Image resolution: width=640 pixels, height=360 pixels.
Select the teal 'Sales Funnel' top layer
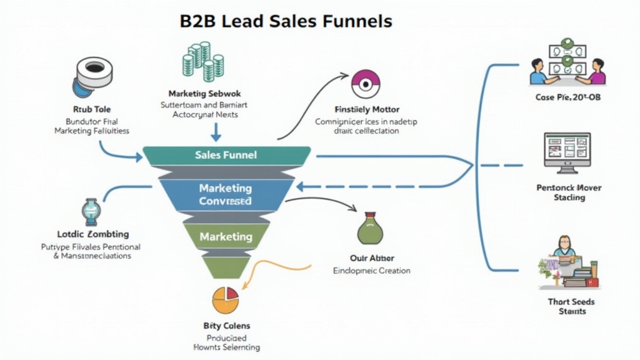coord(226,155)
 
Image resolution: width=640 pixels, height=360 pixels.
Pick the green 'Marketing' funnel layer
coord(226,237)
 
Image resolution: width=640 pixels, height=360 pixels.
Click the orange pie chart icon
coord(226,299)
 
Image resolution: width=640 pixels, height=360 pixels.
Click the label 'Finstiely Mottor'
coord(367,109)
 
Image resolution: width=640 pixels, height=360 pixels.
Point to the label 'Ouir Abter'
coord(372,257)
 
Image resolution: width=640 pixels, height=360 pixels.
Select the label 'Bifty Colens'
coord(226,325)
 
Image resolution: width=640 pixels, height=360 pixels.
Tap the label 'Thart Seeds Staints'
coord(571,306)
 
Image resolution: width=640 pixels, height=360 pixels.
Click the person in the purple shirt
coord(597,72)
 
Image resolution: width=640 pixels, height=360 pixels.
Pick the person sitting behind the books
coord(564,247)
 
